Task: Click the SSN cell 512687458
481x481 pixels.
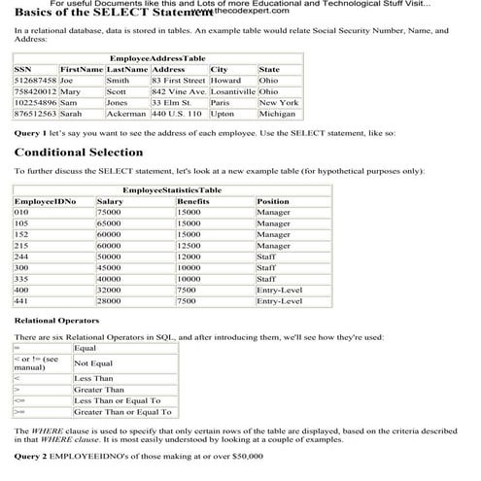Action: point(34,81)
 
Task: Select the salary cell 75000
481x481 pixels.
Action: point(109,212)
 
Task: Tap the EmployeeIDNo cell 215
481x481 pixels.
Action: point(21,246)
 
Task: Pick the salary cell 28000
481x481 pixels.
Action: point(109,302)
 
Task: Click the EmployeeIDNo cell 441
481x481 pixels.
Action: point(21,302)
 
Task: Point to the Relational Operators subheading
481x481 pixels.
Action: point(55,320)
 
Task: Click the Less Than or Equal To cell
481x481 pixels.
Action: point(117,400)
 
